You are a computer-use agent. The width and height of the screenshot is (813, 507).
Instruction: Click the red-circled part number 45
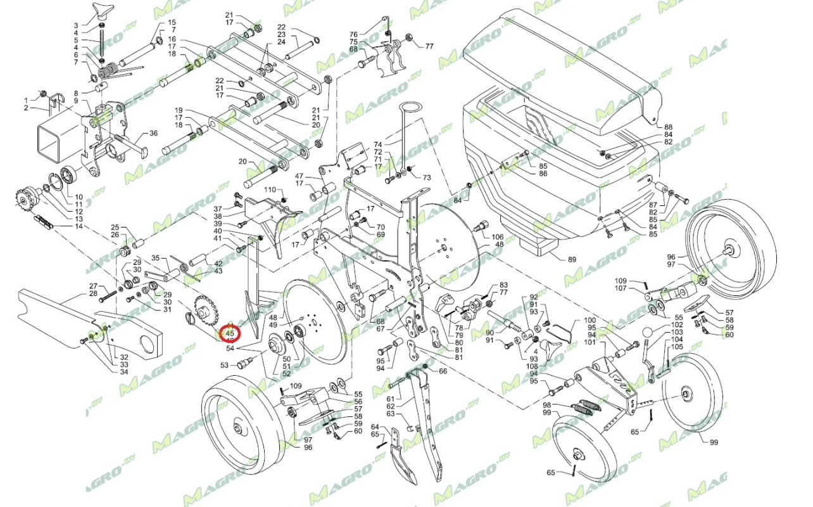coord(229,333)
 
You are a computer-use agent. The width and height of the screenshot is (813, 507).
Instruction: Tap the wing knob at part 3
coord(102,10)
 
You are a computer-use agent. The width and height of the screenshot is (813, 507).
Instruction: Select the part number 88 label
coord(668,127)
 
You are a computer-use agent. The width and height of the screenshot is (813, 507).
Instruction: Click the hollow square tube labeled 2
coord(61,129)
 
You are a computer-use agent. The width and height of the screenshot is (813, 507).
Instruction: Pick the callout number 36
coord(153,134)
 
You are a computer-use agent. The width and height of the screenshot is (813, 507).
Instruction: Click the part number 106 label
coord(498,236)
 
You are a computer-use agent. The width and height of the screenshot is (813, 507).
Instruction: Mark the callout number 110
coord(270,190)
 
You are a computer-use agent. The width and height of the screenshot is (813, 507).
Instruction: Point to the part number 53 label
coord(224,365)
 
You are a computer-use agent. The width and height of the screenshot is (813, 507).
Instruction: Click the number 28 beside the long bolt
coord(93,293)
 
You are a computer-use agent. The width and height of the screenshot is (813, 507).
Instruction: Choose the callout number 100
coord(589,320)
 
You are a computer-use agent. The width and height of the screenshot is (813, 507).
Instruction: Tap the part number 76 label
coord(353,34)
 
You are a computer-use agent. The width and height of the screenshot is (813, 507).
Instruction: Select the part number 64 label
coord(375,427)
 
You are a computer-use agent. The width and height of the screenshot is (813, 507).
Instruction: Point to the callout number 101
coord(589,343)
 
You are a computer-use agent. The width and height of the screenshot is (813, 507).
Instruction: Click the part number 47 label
coord(300,176)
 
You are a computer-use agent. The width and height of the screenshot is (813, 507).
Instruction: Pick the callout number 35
coord(156,258)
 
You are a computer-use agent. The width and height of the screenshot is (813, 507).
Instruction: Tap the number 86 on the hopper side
coord(543,174)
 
